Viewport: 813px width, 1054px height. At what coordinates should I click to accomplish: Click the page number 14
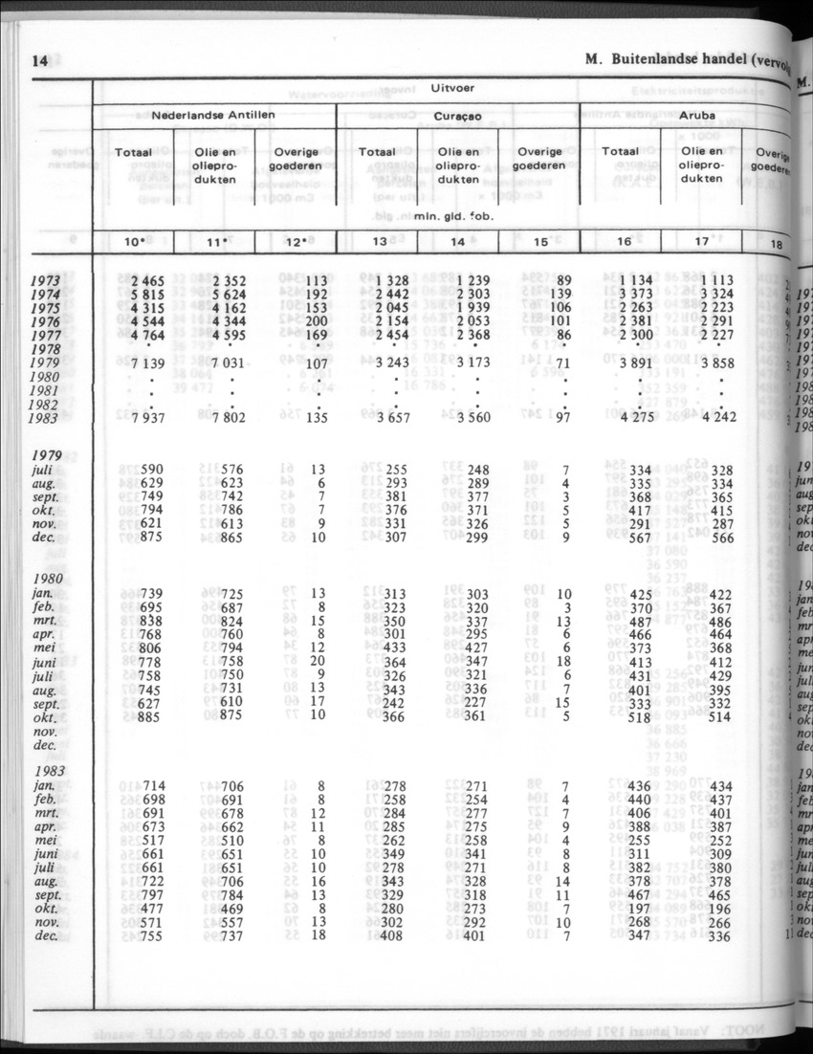(x=39, y=60)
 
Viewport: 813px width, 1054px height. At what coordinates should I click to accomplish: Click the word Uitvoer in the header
(x=452, y=88)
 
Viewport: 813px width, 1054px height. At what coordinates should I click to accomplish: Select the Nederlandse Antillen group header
(x=213, y=115)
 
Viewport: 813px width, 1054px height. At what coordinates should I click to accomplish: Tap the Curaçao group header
(x=458, y=116)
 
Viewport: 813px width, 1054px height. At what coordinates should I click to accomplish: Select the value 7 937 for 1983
(x=147, y=418)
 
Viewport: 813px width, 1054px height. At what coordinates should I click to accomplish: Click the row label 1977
(x=45, y=335)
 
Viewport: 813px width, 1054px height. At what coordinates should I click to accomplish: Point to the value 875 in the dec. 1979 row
(x=152, y=538)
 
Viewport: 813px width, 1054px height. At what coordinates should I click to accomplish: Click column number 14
(x=458, y=241)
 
